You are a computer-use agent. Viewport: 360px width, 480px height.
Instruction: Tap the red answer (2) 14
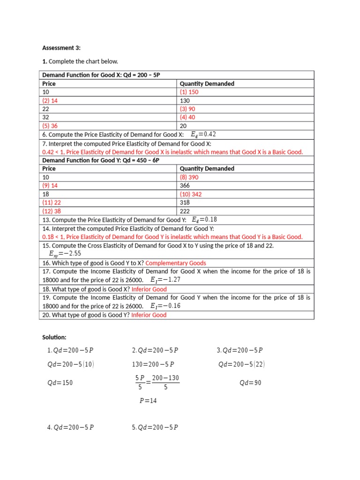click(50, 100)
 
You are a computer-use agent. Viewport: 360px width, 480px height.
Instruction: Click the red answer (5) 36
click(50, 126)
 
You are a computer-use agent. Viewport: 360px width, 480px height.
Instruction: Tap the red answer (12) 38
click(52, 211)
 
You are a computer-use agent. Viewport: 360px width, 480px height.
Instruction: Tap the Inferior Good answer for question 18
click(149, 289)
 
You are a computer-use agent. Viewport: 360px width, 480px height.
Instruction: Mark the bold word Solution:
click(54, 337)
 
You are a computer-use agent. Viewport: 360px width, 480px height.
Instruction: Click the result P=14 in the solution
click(148, 401)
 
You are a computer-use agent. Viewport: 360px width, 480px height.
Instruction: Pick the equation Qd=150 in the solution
click(60, 382)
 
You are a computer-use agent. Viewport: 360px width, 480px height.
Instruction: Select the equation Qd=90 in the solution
click(250, 382)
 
